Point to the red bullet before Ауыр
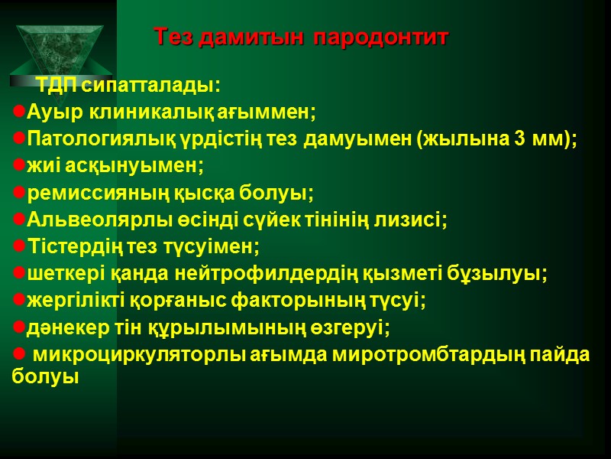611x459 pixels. (x=19, y=112)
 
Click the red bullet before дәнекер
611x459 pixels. (x=19, y=328)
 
